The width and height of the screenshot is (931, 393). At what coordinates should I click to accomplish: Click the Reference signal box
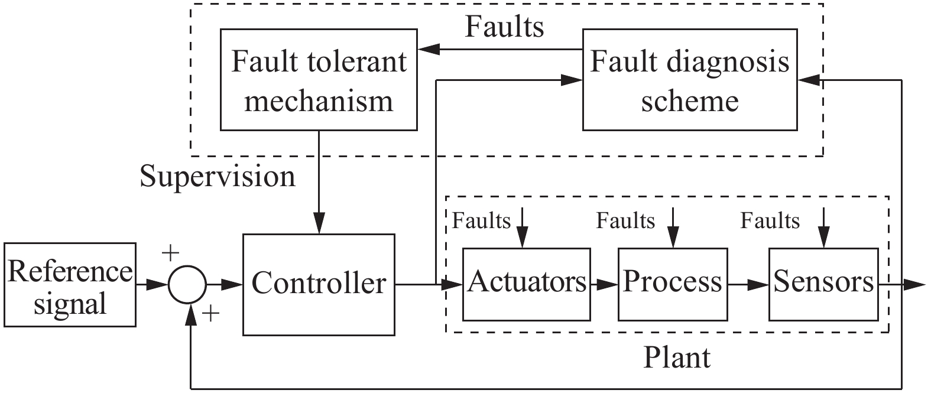(x=69, y=285)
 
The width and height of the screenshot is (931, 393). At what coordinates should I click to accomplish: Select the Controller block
(x=319, y=285)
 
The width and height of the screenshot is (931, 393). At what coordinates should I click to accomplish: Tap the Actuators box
(x=526, y=284)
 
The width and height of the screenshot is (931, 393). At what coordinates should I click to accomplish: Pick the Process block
(x=672, y=284)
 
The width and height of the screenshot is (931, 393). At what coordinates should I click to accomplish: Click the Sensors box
(x=823, y=284)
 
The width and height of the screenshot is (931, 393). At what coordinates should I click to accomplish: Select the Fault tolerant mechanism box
(x=319, y=80)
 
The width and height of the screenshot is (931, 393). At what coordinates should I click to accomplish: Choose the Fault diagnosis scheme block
(x=689, y=80)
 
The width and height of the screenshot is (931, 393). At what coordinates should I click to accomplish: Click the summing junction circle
(x=187, y=285)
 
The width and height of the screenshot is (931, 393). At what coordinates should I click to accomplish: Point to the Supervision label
(x=218, y=177)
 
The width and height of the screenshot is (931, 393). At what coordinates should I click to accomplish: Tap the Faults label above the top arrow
(x=504, y=27)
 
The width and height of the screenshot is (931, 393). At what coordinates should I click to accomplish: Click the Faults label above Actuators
(x=481, y=221)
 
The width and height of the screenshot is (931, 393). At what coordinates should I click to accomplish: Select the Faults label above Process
(x=625, y=221)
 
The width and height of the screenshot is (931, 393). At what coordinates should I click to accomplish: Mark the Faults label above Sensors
(x=770, y=221)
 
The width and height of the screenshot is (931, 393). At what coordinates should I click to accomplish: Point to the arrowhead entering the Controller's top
(x=319, y=227)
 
